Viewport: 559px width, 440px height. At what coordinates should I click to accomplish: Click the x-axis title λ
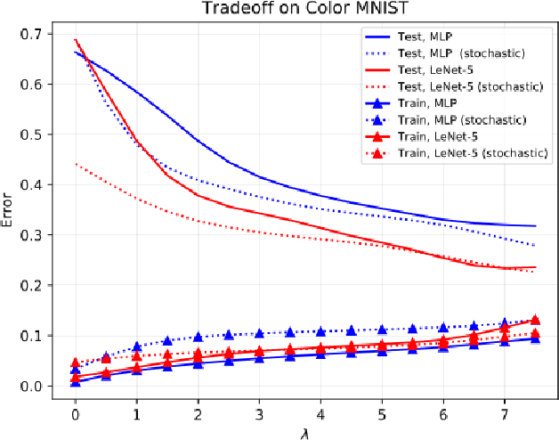tap(304, 431)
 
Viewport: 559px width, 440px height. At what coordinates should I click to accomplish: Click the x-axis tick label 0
tap(76, 414)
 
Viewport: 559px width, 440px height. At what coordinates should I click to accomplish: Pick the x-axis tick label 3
tap(259, 414)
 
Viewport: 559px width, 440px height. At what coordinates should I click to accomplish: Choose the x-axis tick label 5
tap(382, 414)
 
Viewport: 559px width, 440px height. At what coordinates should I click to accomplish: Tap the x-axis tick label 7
tap(504, 414)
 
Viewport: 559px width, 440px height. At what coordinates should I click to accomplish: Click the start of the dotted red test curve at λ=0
tap(76, 165)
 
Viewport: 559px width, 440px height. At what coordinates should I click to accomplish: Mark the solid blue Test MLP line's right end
tap(535, 226)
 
